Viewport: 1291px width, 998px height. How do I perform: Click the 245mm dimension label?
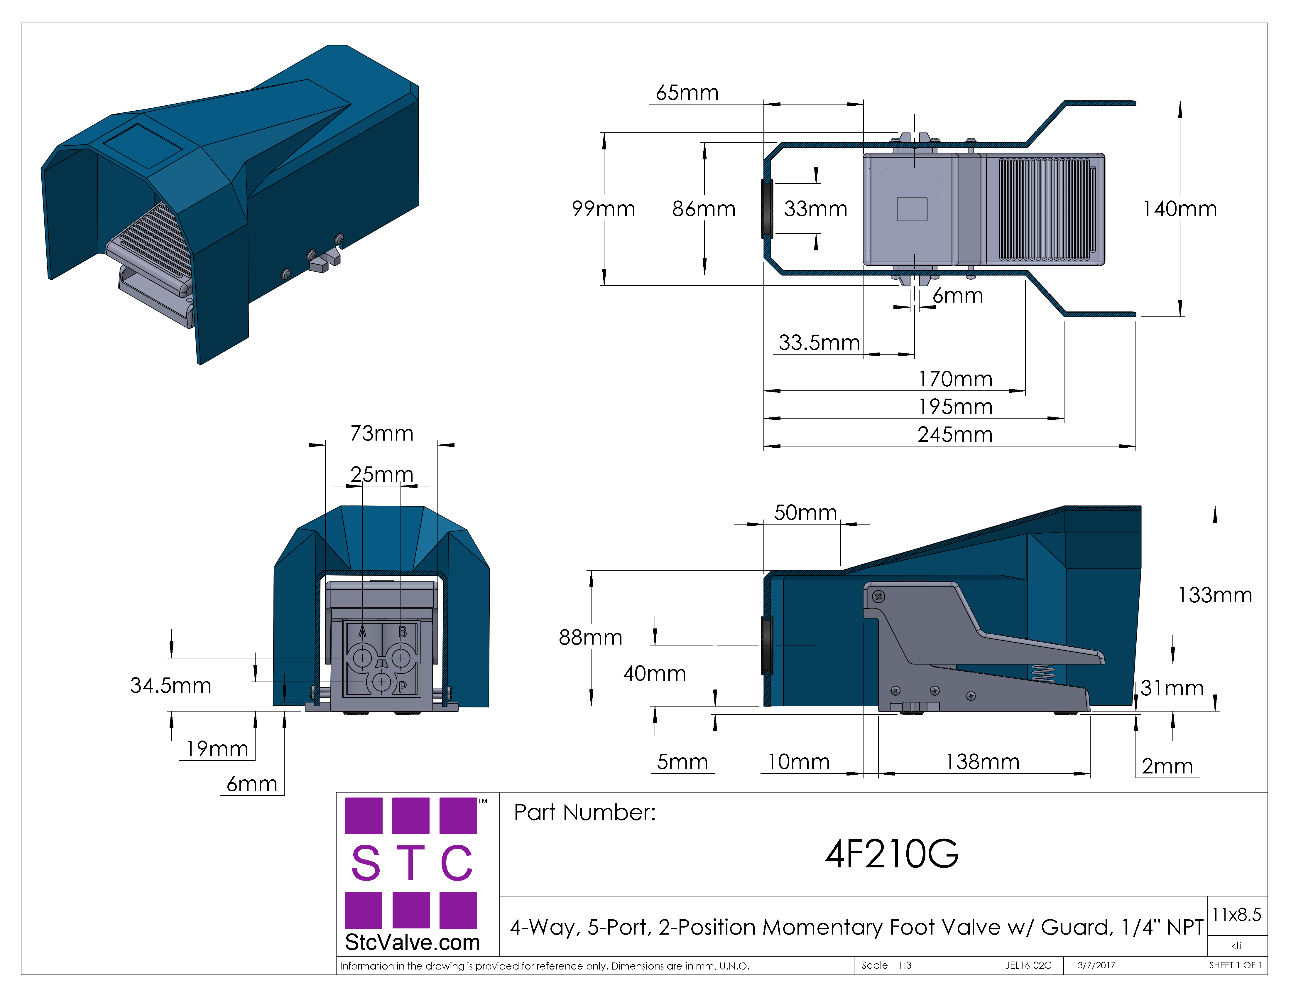pyautogui.click(x=955, y=434)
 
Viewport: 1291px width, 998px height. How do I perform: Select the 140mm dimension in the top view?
pyautogui.click(x=1180, y=209)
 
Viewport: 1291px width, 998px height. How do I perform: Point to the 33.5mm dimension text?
pyautogui.click(x=819, y=342)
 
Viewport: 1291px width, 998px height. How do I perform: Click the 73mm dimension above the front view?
pyautogui.click(x=382, y=433)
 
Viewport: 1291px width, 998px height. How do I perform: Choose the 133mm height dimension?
pyautogui.click(x=1215, y=595)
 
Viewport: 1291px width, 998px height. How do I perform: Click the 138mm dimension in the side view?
pyautogui.click(x=982, y=761)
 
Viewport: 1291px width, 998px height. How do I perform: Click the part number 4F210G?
pyautogui.click(x=892, y=854)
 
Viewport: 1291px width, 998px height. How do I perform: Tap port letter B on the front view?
pyautogui.click(x=403, y=632)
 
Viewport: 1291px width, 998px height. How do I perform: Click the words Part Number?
pyautogui.click(x=584, y=812)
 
